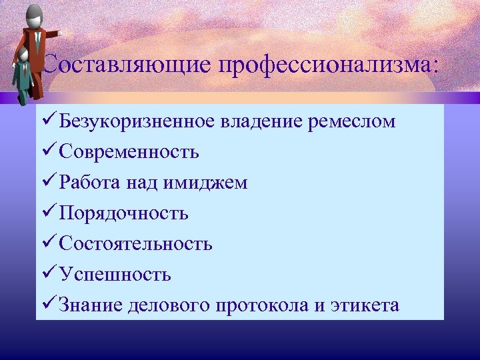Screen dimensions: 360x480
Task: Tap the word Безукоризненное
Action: click(x=137, y=121)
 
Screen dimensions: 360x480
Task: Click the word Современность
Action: click(x=129, y=152)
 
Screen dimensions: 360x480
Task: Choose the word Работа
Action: click(x=87, y=183)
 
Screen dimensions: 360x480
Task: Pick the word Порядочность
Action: click(x=123, y=213)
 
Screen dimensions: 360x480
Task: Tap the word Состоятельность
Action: click(x=135, y=244)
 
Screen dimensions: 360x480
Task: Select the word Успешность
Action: click(x=115, y=274)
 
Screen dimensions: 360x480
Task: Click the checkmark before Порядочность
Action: click(x=48, y=213)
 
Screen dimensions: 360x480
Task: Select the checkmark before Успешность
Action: click(x=48, y=273)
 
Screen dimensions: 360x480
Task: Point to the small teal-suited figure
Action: click(x=23, y=77)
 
